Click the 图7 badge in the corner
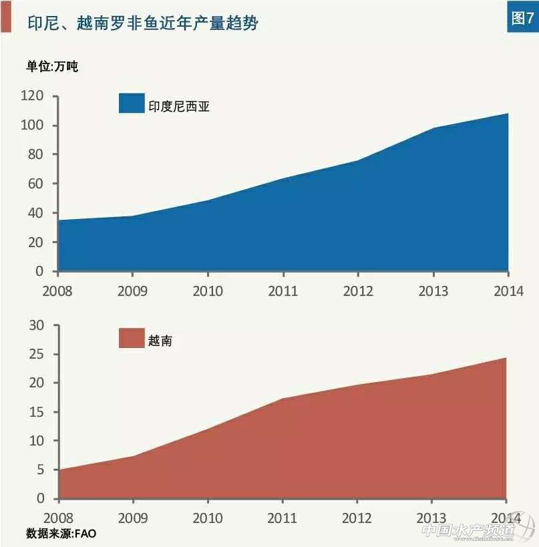[522, 18]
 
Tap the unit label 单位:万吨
[52, 67]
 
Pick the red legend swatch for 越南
[132, 339]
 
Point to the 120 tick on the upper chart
[32, 96]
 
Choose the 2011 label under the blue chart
[283, 291]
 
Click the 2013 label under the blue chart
[433, 291]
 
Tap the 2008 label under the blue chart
[57, 291]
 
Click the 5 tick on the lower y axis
[40, 470]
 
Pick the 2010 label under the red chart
[208, 518]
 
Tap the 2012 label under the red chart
[358, 518]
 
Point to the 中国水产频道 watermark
[477, 531]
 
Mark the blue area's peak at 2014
[508, 114]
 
